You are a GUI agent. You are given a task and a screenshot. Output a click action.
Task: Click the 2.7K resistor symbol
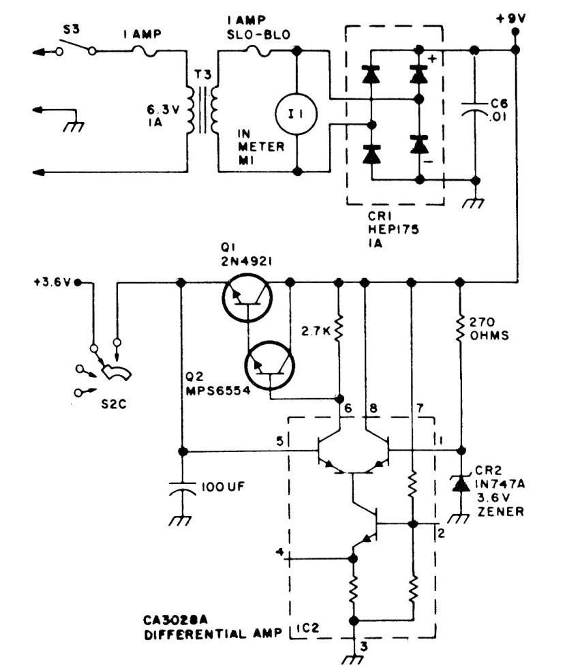(x=338, y=331)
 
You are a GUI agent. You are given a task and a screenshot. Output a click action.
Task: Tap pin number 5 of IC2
(x=279, y=441)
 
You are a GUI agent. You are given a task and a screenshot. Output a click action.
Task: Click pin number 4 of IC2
(x=278, y=551)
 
